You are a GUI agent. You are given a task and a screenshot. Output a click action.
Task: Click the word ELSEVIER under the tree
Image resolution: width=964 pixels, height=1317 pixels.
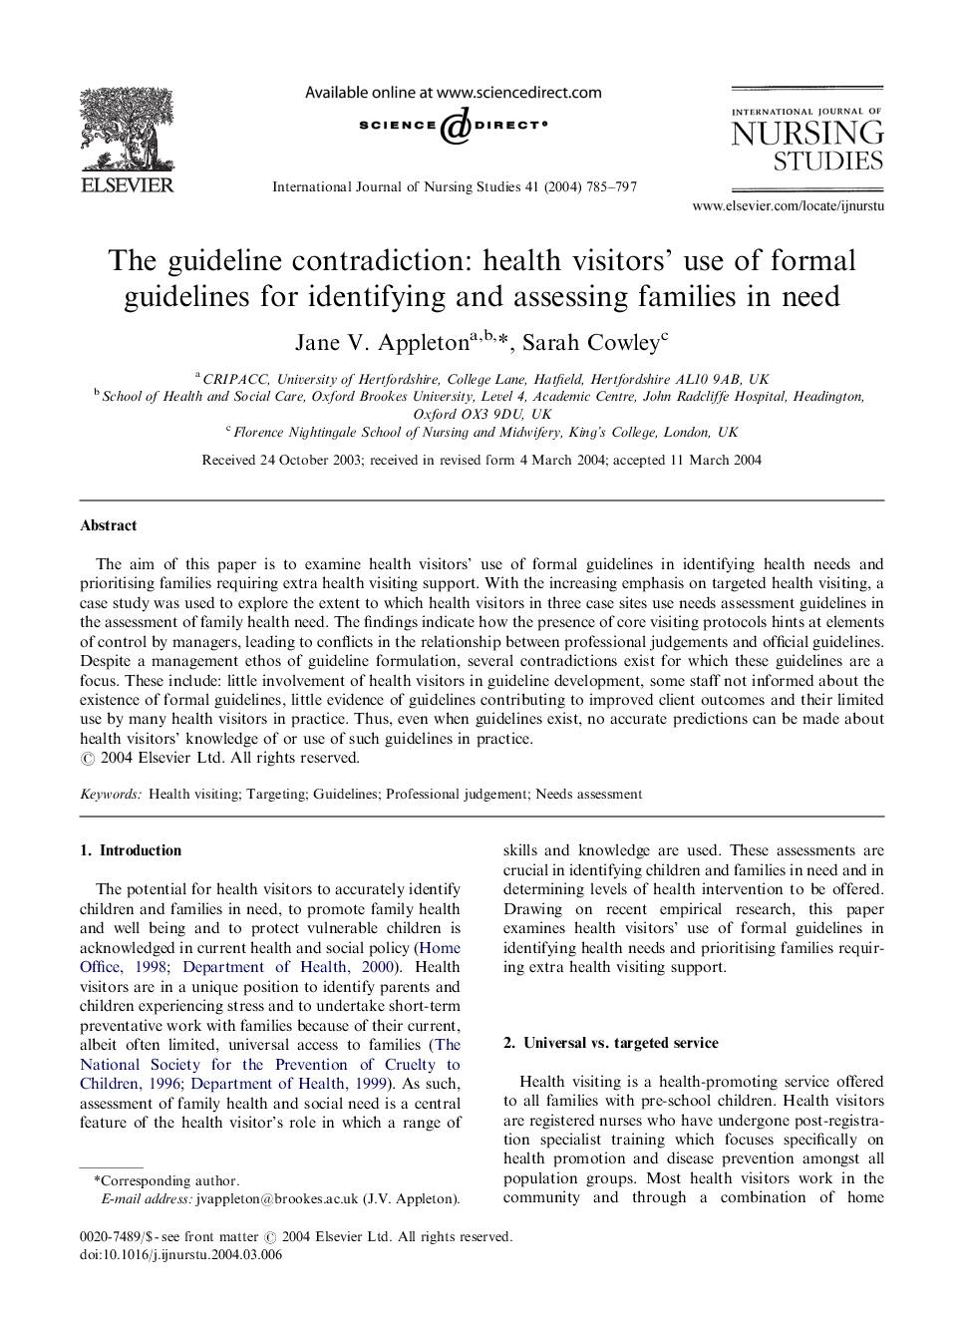[127, 185]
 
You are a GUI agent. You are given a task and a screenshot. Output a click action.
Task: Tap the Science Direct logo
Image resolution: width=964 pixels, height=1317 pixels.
[454, 127]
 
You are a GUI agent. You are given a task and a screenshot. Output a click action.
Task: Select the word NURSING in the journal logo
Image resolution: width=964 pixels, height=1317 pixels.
[806, 134]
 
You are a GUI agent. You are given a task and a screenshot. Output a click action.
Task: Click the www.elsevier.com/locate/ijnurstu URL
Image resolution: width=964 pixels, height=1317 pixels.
[788, 206]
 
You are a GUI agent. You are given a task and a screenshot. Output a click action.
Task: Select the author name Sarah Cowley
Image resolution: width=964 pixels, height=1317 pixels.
[590, 343]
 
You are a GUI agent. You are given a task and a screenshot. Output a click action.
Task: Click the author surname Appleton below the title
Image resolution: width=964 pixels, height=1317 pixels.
[423, 343]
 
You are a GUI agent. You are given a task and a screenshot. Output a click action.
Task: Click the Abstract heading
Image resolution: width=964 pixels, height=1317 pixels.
[109, 525]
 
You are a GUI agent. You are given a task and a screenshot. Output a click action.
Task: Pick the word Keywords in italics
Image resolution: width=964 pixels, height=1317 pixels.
[111, 795]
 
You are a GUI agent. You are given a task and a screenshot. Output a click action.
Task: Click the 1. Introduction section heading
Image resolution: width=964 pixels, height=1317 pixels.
[131, 850]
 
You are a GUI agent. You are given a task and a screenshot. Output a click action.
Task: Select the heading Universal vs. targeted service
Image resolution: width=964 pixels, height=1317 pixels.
[620, 1043]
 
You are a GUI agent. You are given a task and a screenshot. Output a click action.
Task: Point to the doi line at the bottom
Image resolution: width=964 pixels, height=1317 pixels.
[180, 1255]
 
